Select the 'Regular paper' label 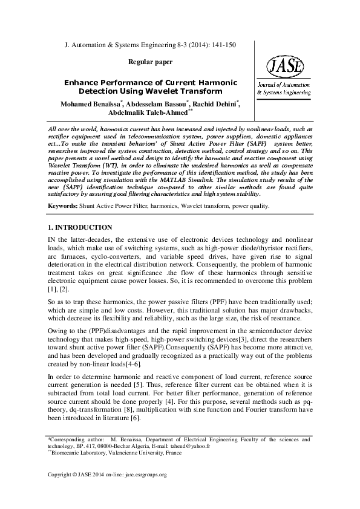(151, 62)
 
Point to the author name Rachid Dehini (217, 103)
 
